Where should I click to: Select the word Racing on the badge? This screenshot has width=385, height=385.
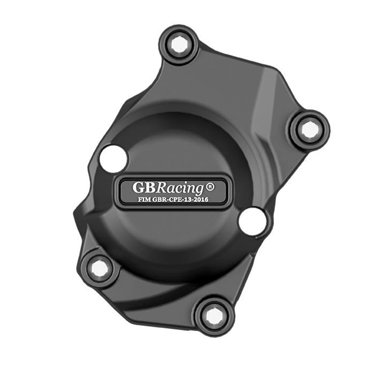pyautogui.click(x=181, y=188)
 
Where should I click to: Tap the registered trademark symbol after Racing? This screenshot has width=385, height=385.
pyautogui.click(x=210, y=186)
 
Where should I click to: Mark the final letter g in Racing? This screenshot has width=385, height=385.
pyautogui.click(x=199, y=189)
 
